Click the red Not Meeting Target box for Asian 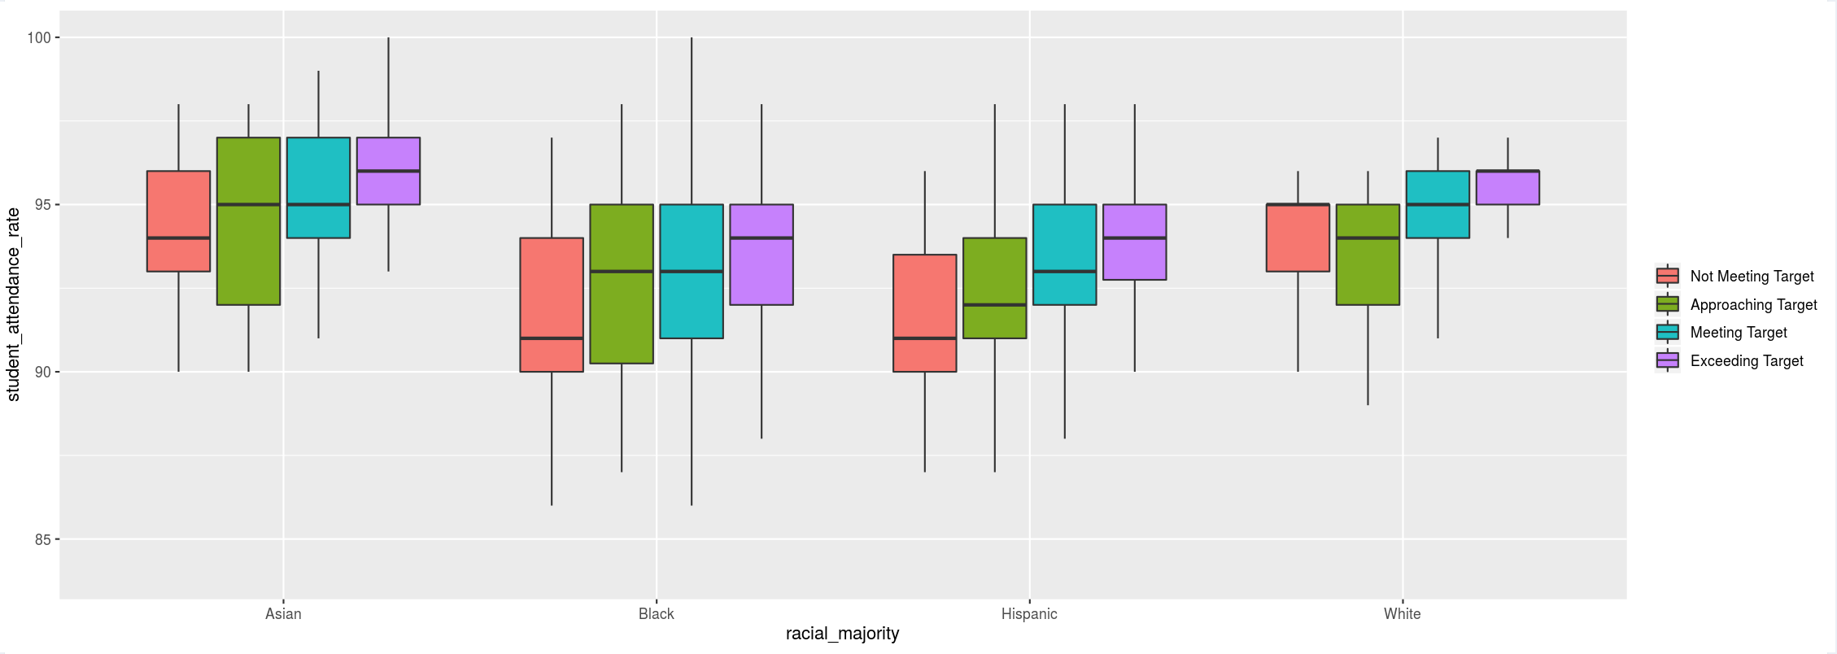(178, 220)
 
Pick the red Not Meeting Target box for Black (552, 304)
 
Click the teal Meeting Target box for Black (692, 271)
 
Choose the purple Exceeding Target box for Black (761, 254)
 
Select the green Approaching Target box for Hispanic (994, 287)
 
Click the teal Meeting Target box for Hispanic (1064, 254)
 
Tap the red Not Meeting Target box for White (1298, 238)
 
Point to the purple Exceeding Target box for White (1508, 187)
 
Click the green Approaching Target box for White (1368, 254)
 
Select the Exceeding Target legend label (1747, 361)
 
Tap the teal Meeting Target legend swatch (1667, 333)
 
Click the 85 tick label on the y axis (42, 539)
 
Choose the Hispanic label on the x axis (1029, 614)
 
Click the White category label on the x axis (1402, 614)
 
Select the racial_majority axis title (842, 634)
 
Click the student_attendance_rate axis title (13, 304)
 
